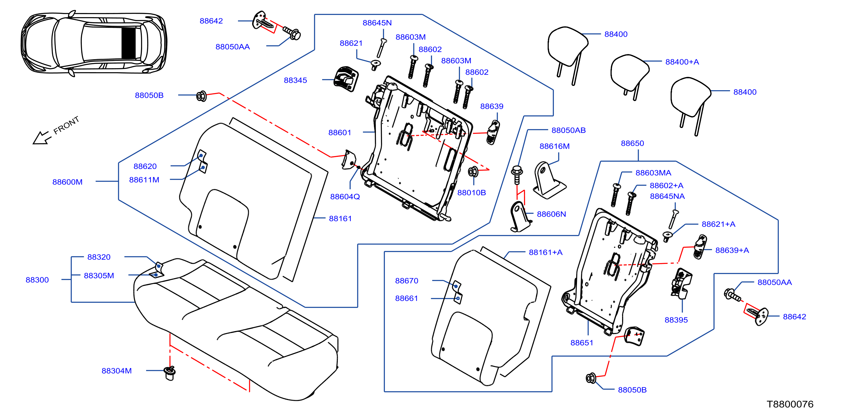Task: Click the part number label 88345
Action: coord(295,80)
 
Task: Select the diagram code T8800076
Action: coord(790,404)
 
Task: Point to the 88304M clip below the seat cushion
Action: coord(170,373)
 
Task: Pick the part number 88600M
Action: coord(67,182)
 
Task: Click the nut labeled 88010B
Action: coord(473,171)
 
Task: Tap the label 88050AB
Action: coord(569,130)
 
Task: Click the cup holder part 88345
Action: coord(345,79)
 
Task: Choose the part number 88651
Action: coord(581,343)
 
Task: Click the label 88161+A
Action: coord(545,252)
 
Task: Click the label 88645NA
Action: coord(667,196)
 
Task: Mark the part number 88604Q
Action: coord(345,197)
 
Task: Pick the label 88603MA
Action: coord(653,173)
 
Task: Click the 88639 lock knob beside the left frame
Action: coord(493,132)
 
